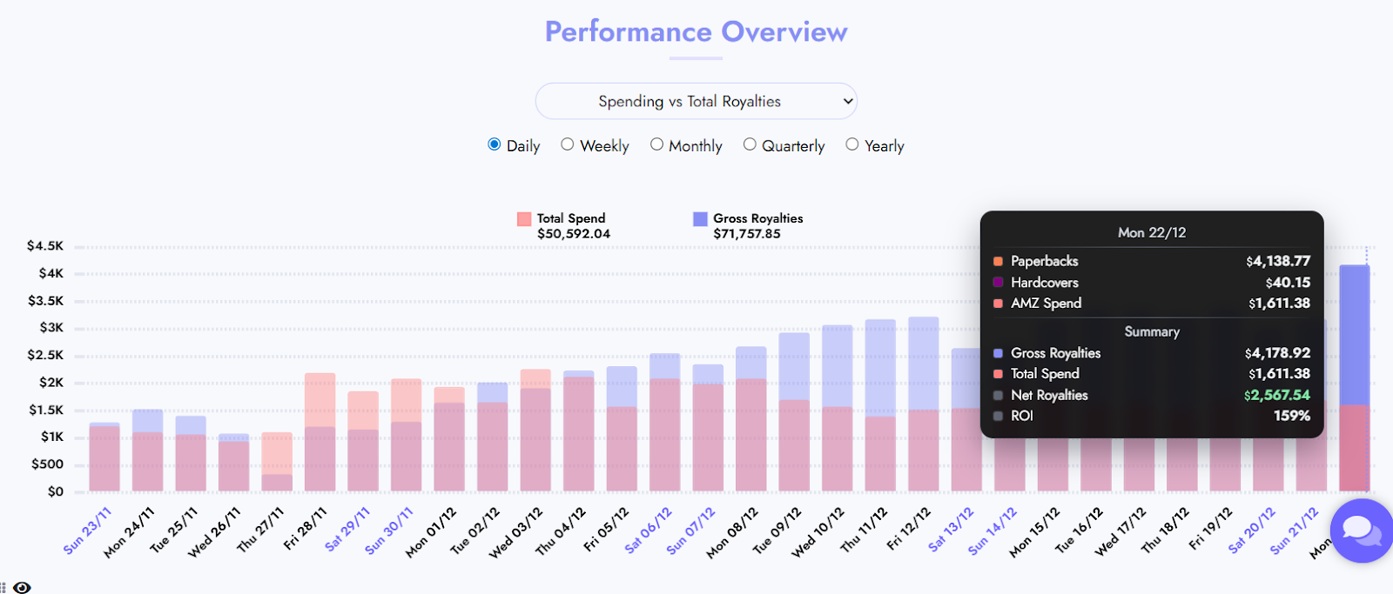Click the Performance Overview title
pyautogui.click(x=696, y=32)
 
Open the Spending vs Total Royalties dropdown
pyautogui.click(x=696, y=102)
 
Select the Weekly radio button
pyautogui.click(x=568, y=144)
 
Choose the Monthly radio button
pyautogui.click(x=656, y=144)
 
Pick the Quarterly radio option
pyautogui.click(x=750, y=144)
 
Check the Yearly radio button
pyautogui.click(x=852, y=144)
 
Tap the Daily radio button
pyautogui.click(x=495, y=144)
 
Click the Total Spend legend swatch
pyautogui.click(x=524, y=219)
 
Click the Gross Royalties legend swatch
pyautogui.click(x=700, y=219)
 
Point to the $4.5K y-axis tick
pyautogui.click(x=45, y=246)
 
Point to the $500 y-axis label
pyautogui.click(x=47, y=464)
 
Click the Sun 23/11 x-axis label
pyautogui.click(x=88, y=531)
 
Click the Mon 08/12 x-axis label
pyautogui.click(x=732, y=532)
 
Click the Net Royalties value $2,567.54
pyautogui.click(x=1276, y=395)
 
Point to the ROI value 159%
pyautogui.click(x=1291, y=416)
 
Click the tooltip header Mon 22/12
pyautogui.click(x=1151, y=232)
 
